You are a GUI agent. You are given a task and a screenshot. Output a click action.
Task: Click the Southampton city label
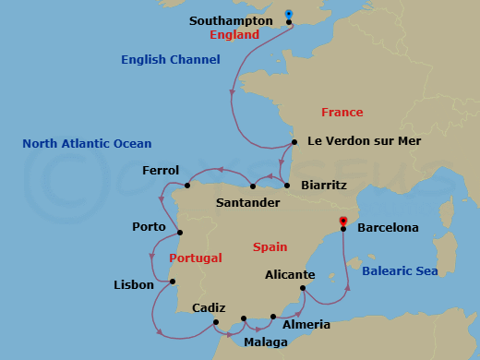coord(231,19)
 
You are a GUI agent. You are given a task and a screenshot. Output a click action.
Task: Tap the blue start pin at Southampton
coord(289,15)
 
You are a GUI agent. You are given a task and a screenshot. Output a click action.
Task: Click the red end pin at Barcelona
coord(342,222)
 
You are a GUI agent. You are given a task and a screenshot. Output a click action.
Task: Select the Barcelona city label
coord(388,227)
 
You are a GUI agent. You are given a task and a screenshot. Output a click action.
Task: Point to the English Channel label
coord(171,60)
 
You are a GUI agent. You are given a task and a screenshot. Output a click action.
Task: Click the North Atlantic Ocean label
coord(87,144)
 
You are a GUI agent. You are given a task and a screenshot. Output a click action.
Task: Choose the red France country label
coord(342,113)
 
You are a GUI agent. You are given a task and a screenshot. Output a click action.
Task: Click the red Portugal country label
coord(198,258)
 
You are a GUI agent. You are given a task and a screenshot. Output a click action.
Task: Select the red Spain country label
coord(270,247)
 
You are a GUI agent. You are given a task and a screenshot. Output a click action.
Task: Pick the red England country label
coord(234,35)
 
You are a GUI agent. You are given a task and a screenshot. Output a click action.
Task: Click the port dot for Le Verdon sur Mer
coord(294,142)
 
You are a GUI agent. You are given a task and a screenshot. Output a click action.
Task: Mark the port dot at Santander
coord(253,186)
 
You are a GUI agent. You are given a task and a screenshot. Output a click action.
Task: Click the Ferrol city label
coord(161,171)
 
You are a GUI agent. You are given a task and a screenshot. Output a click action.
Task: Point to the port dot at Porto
coord(180,232)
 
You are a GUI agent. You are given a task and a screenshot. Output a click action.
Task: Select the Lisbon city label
coord(134,285)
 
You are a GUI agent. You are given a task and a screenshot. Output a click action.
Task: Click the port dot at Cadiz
coord(215,322)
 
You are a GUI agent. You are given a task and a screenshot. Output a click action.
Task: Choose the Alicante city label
coord(289,275)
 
